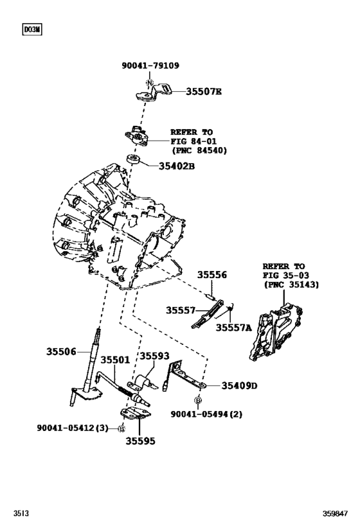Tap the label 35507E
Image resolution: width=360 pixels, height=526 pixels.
(x=204, y=92)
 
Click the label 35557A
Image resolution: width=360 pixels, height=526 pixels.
(x=233, y=328)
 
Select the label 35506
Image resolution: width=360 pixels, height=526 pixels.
(x=61, y=351)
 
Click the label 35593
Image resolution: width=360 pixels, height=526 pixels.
(x=154, y=356)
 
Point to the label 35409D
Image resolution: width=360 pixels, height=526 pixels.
(x=239, y=386)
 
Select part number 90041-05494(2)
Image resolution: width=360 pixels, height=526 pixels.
(x=206, y=415)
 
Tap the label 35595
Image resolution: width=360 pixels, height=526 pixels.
(x=141, y=441)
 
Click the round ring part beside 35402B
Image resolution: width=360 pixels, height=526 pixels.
(x=134, y=159)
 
